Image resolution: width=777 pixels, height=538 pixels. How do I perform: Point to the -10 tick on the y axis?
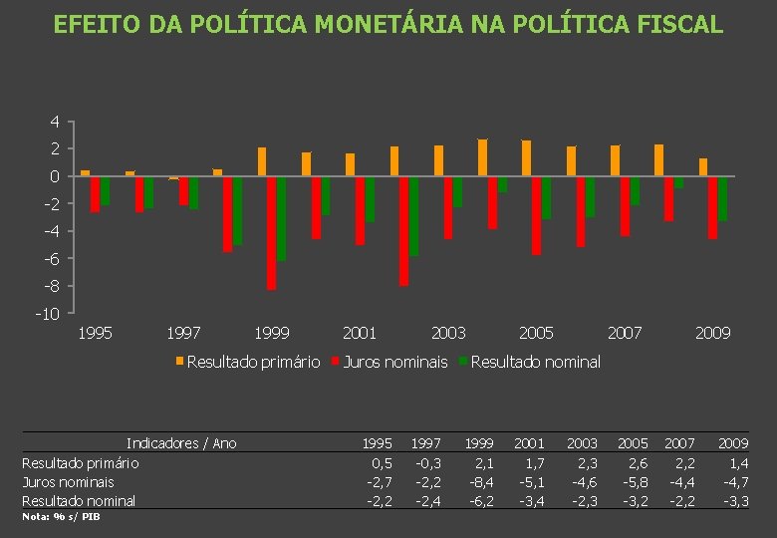tap(47, 314)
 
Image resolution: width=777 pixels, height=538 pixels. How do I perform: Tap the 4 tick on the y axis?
tap(55, 122)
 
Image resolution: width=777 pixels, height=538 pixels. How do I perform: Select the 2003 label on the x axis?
tap(448, 333)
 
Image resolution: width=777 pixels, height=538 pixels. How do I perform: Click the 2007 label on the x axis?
tap(625, 333)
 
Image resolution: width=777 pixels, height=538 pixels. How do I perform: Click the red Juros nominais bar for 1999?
tap(272, 233)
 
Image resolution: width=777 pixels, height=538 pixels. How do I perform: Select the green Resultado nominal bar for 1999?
tap(282, 218)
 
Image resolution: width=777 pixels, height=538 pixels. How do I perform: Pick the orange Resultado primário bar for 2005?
tap(527, 158)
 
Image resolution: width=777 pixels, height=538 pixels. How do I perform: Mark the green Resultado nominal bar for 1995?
tap(106, 190)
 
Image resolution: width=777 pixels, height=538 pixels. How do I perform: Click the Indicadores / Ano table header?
tap(181, 443)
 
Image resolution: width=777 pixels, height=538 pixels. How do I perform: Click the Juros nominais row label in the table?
tap(68, 481)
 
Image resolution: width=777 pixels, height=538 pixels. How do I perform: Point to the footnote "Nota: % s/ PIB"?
tap(61, 517)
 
